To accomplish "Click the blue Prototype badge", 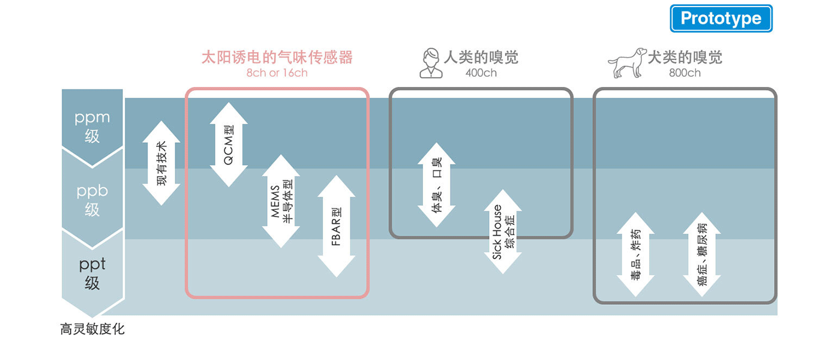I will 721,19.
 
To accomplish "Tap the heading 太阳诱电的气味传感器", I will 277,58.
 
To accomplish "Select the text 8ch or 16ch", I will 277,73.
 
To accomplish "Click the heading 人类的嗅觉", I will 481,58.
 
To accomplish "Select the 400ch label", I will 481,73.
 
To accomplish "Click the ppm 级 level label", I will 92,127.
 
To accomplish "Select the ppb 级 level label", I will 92,200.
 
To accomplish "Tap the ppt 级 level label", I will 92,273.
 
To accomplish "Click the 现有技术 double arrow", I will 161,163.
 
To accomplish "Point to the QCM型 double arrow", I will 229,145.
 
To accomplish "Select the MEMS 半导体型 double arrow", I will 281,202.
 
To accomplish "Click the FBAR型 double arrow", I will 336,226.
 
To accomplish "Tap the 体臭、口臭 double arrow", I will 436,185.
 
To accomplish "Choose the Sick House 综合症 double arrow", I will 503,232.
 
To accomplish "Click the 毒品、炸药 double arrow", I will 635,254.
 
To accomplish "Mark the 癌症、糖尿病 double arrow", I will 701,254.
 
